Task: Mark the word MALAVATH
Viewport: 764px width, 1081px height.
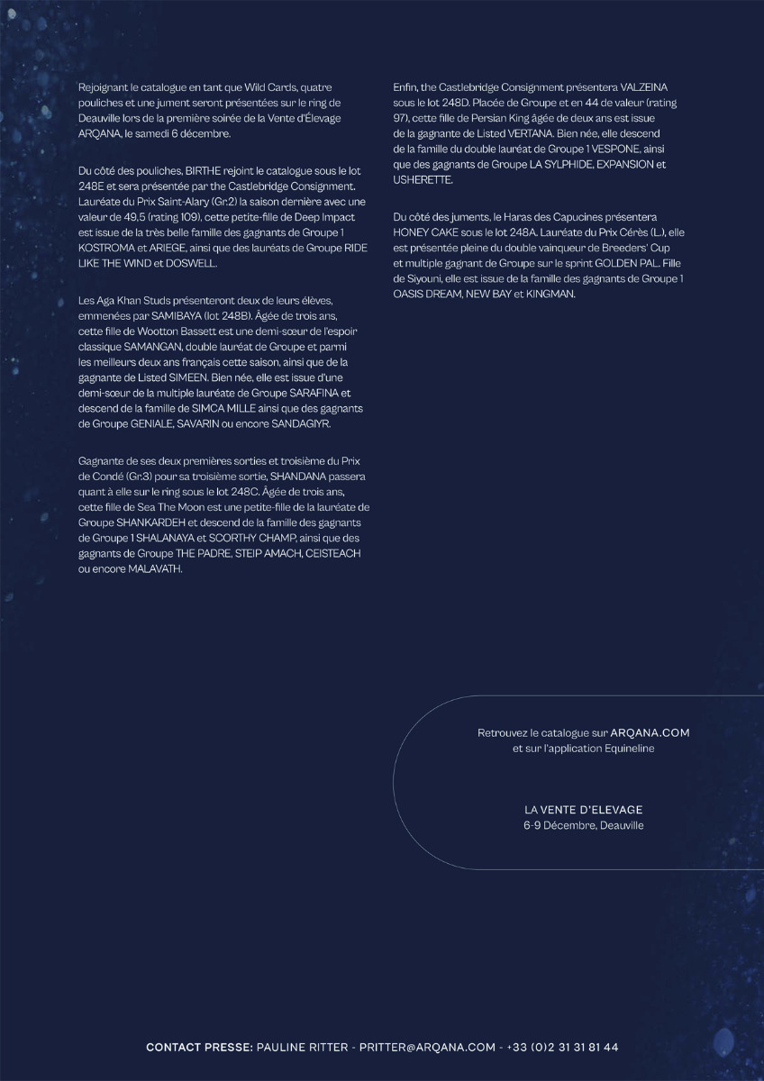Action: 155,568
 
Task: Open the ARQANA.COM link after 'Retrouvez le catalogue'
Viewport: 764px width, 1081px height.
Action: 656,733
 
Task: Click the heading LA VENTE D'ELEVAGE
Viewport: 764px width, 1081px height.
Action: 584,810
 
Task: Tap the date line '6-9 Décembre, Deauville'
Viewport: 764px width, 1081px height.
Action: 584,825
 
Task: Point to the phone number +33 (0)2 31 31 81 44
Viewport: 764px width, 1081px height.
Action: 562,1048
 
